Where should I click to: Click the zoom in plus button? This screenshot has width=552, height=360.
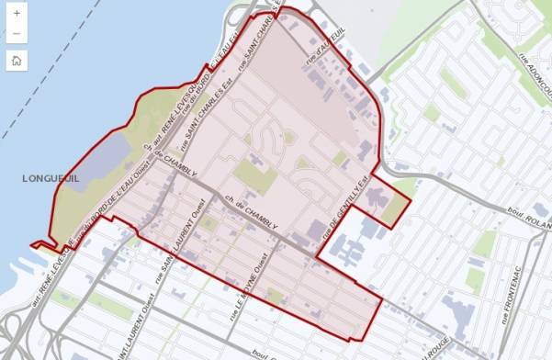[17, 13]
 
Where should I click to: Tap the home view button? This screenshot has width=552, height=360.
[17, 62]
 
